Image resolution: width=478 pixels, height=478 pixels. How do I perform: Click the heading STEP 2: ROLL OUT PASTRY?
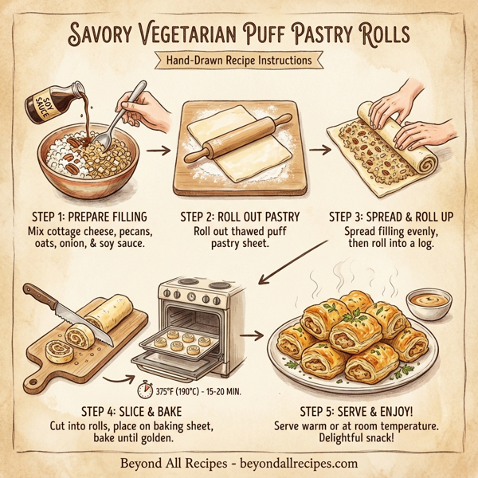(238, 216)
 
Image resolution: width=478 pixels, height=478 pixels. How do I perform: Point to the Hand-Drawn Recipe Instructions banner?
(238, 60)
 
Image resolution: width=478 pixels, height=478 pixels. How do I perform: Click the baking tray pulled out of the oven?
(180, 343)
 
